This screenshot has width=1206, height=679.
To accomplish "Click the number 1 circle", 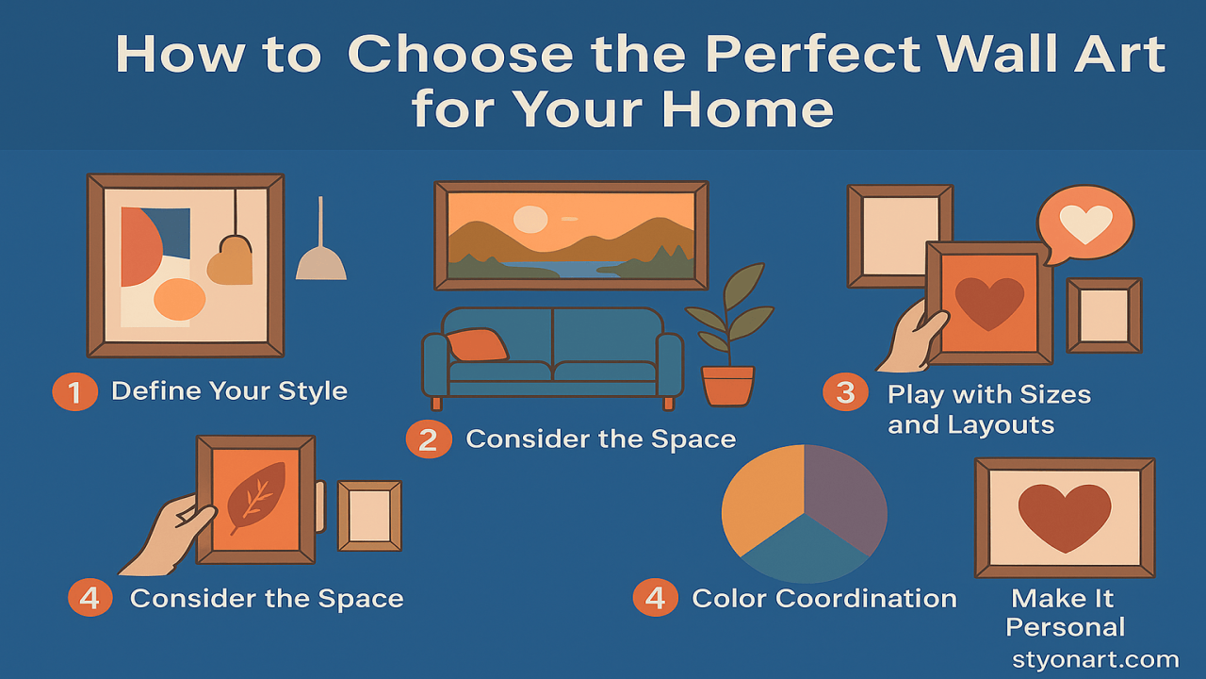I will pyautogui.click(x=74, y=391).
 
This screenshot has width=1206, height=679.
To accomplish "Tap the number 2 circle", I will pyautogui.click(x=429, y=439).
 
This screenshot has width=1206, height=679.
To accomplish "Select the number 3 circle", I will pyautogui.click(x=845, y=391).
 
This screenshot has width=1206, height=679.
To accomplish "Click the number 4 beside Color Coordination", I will pyautogui.click(x=655, y=598).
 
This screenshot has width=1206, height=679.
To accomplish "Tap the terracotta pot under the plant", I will pyautogui.click(x=727, y=386).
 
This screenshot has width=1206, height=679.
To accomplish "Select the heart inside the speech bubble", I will pyautogui.click(x=1085, y=224).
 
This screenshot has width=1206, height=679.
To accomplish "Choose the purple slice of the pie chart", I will pyautogui.click(x=843, y=495).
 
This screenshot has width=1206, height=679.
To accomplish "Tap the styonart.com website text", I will pyautogui.click(x=1095, y=659).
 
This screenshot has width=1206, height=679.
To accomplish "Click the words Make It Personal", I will pyautogui.click(x=1065, y=613).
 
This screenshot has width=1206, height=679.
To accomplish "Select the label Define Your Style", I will pyautogui.click(x=229, y=391).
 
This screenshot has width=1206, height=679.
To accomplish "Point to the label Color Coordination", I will pyautogui.click(x=824, y=598).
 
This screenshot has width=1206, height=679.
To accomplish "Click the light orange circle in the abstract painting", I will pyautogui.click(x=179, y=300).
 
